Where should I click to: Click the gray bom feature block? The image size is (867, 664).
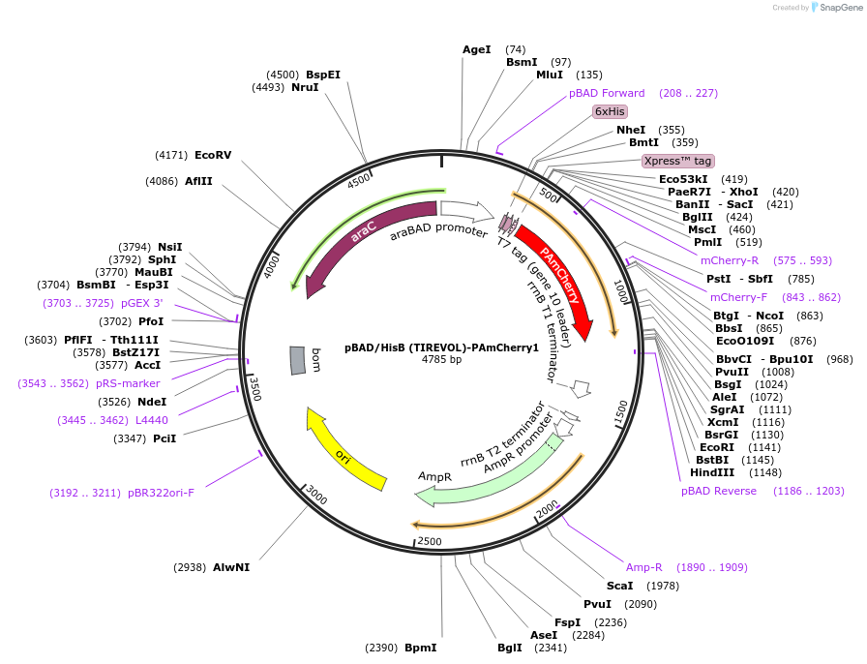[x=298, y=360]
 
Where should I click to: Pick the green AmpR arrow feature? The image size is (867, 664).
[x=484, y=472]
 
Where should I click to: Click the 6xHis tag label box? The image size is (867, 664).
[x=610, y=111]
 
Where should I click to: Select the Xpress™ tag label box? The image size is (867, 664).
[x=677, y=161]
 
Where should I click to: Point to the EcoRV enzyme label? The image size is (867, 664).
[x=213, y=155]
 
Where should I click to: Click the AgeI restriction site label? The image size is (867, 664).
[x=476, y=49]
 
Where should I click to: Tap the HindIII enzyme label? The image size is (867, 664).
[x=710, y=472]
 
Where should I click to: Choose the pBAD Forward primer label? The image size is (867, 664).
[x=607, y=93]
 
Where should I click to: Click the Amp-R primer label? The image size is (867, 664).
[x=644, y=567]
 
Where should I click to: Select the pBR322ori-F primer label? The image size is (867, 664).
[x=161, y=493]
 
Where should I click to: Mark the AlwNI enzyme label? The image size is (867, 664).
[x=231, y=567]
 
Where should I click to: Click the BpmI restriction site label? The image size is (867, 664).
[x=421, y=648]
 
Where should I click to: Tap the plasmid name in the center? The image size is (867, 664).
[x=441, y=347]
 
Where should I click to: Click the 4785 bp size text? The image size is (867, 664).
[x=441, y=360]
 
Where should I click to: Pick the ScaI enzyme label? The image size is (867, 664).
[x=619, y=586]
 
